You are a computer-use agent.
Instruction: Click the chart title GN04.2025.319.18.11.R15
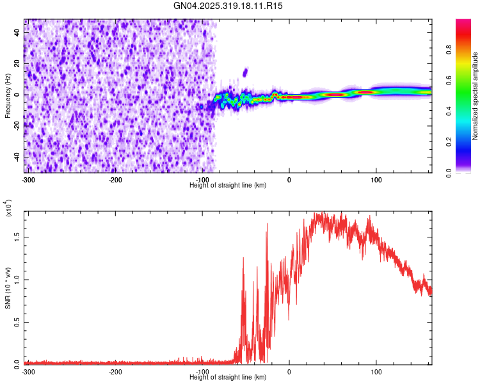(x=228, y=6)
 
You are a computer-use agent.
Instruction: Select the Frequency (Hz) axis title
(x=8, y=96)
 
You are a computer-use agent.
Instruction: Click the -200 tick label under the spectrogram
(x=116, y=179)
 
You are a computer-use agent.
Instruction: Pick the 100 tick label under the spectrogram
(x=376, y=179)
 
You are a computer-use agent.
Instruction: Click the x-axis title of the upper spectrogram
(x=228, y=185)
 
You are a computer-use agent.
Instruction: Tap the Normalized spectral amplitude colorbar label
(x=476, y=96)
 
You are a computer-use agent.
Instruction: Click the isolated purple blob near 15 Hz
(x=245, y=72)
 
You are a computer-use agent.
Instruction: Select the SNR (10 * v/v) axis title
(x=8, y=288)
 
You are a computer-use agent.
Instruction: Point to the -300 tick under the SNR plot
(x=28, y=371)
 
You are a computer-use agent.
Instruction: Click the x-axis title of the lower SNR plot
(x=228, y=378)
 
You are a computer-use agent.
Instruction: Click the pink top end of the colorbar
(x=463, y=23)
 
